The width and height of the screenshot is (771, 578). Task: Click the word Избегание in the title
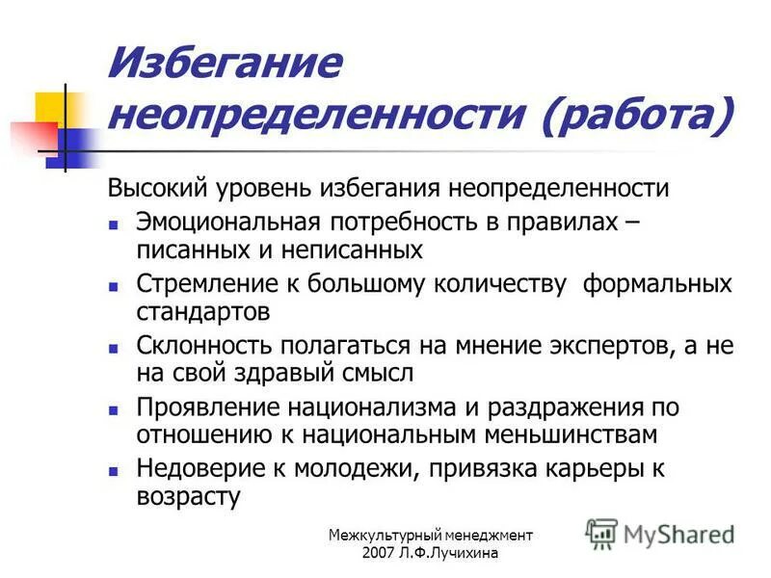(x=226, y=65)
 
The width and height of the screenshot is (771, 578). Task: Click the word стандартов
(x=203, y=312)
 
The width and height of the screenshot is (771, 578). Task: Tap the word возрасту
(x=187, y=497)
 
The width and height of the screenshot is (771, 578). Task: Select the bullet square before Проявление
(x=113, y=408)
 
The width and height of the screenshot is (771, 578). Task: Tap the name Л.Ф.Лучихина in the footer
(x=452, y=553)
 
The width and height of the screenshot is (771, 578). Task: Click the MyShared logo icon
(x=602, y=533)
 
